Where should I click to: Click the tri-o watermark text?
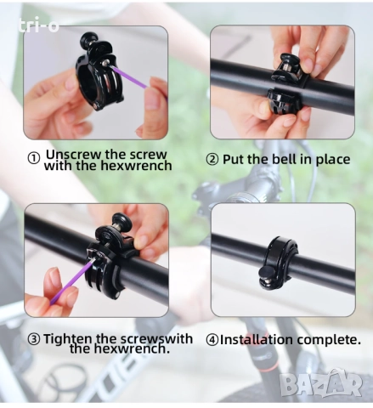click(x=38, y=25)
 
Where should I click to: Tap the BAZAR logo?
click(x=321, y=383)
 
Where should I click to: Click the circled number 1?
click(x=34, y=158)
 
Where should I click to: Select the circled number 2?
click(x=212, y=159)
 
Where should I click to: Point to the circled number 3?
click(x=34, y=339)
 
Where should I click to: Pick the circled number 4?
click(x=212, y=340)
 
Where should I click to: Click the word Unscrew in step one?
click(x=73, y=154)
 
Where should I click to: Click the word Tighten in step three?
click(x=67, y=339)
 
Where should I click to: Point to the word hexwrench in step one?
click(x=136, y=166)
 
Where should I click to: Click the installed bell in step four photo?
click(x=279, y=263)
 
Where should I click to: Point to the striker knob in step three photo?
click(x=122, y=221)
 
